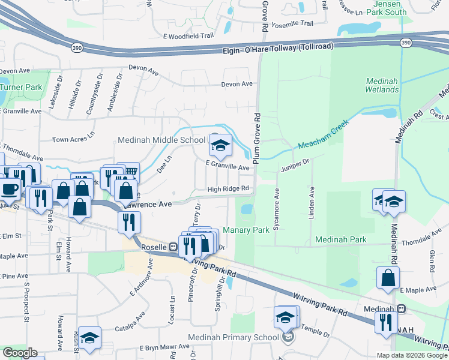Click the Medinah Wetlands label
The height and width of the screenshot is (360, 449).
[382, 85]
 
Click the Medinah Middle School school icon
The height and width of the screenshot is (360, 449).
[220, 145]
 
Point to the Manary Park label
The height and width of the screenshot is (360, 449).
[246, 230]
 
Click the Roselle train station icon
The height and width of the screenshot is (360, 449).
[173, 247]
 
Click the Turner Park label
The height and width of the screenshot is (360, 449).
[21, 87]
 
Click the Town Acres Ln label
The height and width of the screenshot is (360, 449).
[74, 139]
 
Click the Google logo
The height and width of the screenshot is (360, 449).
[20, 353]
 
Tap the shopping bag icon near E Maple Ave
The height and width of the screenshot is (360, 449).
[389, 278]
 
